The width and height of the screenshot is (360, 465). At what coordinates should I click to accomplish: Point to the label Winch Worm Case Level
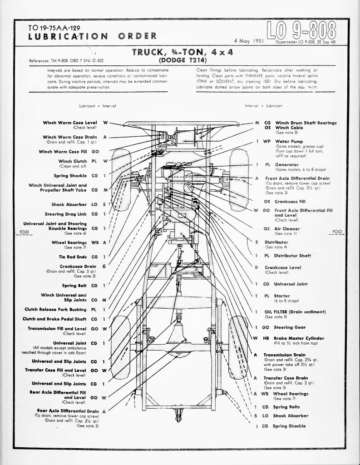(x=70, y=123)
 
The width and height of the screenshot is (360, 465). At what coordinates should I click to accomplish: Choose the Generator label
(x=286, y=165)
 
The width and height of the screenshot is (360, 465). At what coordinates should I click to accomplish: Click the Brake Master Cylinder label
(x=300, y=338)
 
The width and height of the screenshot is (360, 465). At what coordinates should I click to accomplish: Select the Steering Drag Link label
(x=65, y=214)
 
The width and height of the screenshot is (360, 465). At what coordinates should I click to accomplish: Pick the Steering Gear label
(x=290, y=327)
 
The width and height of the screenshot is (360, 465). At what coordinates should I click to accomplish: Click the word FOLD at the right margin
(x=337, y=232)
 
